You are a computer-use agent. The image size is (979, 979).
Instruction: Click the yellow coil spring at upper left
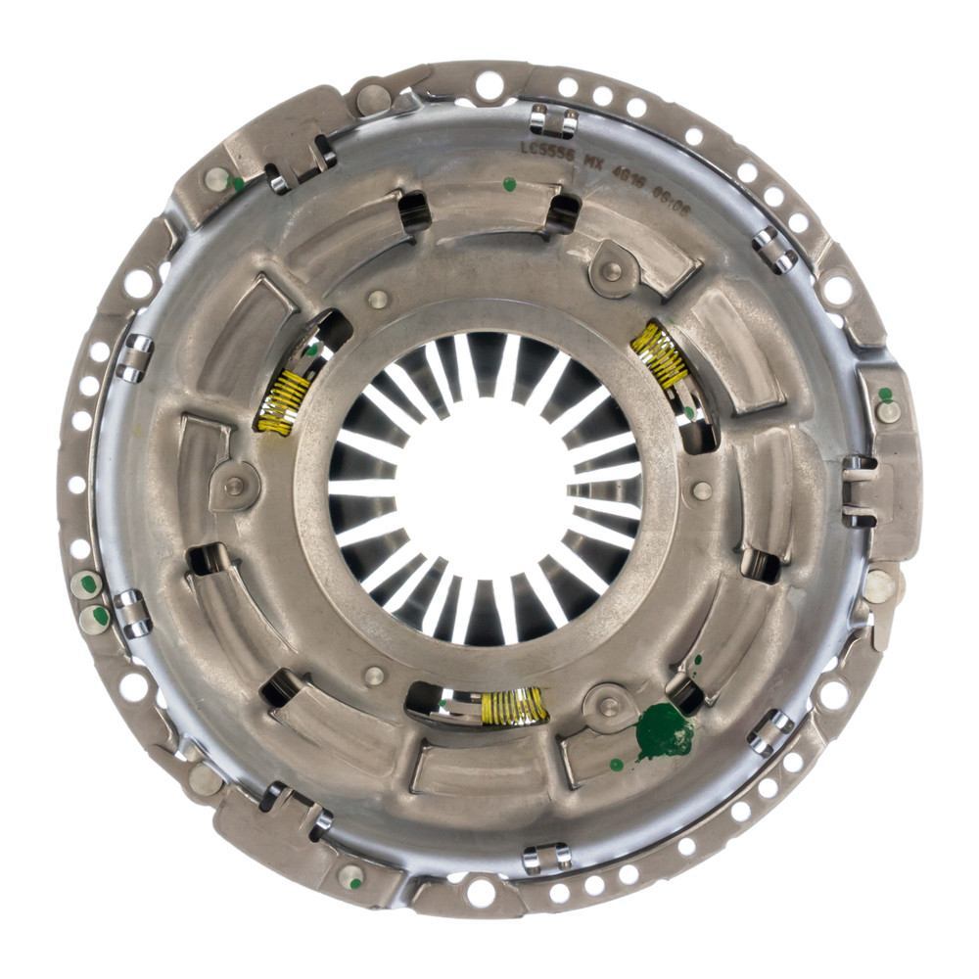[x=284, y=401]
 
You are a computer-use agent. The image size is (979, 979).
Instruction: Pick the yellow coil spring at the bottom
[x=513, y=706]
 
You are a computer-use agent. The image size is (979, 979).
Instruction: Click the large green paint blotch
[x=665, y=730]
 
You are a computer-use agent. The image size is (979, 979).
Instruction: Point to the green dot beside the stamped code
[x=508, y=183]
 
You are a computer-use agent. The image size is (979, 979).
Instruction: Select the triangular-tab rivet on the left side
[x=234, y=485]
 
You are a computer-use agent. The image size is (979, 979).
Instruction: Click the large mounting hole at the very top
[x=489, y=86]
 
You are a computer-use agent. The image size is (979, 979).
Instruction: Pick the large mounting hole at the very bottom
[x=481, y=892]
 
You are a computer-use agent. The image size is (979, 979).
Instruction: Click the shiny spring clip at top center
[x=553, y=121]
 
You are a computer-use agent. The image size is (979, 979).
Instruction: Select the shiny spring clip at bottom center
[x=546, y=859]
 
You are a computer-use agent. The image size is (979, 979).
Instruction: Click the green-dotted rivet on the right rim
[x=888, y=409]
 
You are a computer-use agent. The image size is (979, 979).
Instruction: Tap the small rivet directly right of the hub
[x=702, y=490]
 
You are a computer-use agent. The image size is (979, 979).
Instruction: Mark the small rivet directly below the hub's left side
[x=374, y=675]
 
